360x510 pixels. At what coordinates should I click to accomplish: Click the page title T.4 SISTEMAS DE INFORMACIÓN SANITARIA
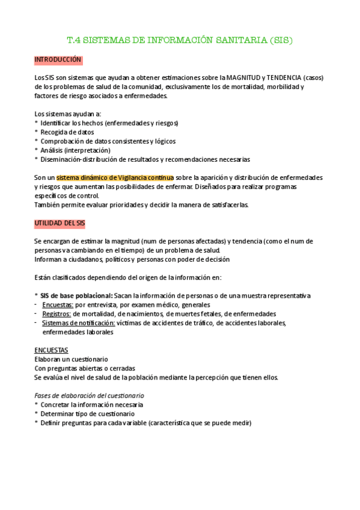tap(179, 41)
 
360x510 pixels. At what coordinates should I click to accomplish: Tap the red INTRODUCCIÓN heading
tap(58, 60)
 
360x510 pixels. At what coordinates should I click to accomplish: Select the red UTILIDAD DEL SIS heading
tap(60, 223)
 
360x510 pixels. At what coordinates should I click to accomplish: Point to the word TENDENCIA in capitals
tap(282, 78)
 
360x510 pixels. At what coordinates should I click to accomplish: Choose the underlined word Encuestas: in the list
tap(58, 305)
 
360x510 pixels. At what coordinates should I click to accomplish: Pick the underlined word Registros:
tap(57, 314)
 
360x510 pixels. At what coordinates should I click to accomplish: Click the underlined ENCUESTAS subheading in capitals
tap(51, 350)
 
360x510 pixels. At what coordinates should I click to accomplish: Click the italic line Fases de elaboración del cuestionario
tap(89, 396)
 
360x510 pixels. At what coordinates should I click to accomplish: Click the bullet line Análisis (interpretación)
tap(75, 150)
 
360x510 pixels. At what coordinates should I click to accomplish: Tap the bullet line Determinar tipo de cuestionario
tap(87, 414)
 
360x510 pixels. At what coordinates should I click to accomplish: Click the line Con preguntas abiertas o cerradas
tap(84, 368)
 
